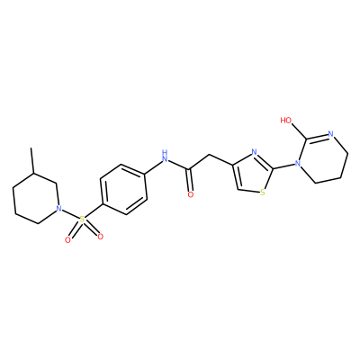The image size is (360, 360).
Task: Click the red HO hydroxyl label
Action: click(286, 121)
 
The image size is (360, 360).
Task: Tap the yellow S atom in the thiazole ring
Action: click(263, 193)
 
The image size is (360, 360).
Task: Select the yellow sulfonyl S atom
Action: click(83, 220)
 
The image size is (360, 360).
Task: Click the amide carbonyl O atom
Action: click(190, 194)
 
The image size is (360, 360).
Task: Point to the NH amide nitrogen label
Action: click(164, 156)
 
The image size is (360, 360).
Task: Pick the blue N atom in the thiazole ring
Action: click(254, 151)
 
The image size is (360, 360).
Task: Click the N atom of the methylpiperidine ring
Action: click(59, 208)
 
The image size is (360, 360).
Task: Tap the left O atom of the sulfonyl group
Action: click(67, 239)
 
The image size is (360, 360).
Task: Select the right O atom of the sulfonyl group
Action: click(101, 237)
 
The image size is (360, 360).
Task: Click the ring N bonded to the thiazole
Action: click(298, 164)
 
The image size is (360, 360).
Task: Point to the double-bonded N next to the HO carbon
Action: click(331, 134)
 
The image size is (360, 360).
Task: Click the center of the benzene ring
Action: click(123, 189)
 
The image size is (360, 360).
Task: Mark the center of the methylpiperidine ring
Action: click(35, 198)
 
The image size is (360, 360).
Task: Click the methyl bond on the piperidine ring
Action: click(32, 160)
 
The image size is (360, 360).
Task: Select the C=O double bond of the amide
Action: click(189, 180)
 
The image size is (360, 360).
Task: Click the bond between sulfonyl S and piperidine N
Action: click(71, 214)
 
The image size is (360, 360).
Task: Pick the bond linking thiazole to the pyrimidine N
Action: click(283, 166)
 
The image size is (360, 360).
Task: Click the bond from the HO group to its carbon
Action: click(299, 131)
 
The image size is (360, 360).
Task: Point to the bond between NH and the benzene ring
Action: click(154, 167)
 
